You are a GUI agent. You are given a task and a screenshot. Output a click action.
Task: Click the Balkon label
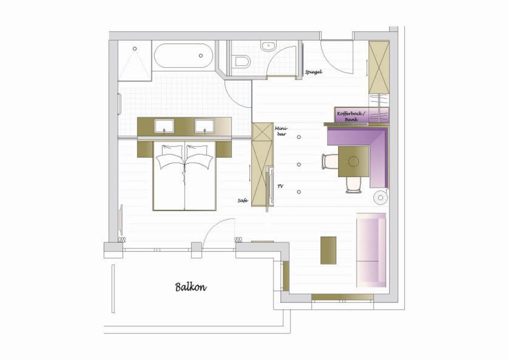click(x=190, y=287)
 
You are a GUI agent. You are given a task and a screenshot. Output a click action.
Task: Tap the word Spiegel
click(x=314, y=72)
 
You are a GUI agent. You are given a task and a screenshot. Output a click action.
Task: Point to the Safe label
click(x=243, y=200)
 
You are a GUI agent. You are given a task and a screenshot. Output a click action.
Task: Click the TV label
click(x=280, y=186)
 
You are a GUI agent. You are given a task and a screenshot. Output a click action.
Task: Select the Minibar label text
click(x=281, y=131)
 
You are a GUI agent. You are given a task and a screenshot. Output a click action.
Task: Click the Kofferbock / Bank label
click(x=351, y=116)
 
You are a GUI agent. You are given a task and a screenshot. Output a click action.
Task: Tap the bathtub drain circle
click(x=201, y=55)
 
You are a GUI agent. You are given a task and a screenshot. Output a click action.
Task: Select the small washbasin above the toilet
click(x=268, y=46)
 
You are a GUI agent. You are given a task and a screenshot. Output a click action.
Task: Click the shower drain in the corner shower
click(x=135, y=49)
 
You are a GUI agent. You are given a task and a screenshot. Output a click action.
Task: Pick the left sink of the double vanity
click(x=164, y=126)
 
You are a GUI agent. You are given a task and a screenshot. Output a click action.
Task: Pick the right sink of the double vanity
click(x=204, y=126)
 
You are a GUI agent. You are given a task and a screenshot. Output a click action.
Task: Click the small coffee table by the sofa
click(x=328, y=251)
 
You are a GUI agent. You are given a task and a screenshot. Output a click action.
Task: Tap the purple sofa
click(x=371, y=250)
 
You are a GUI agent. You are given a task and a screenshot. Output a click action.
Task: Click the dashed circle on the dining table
click(x=354, y=162)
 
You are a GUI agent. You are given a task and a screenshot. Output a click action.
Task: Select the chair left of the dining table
click(x=330, y=162)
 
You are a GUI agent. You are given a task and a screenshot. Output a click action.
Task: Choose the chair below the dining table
click(x=354, y=185)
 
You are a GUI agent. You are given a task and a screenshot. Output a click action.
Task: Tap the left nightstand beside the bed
click(x=145, y=149)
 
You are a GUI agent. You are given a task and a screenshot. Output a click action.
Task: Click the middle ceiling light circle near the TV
click(x=299, y=165)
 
